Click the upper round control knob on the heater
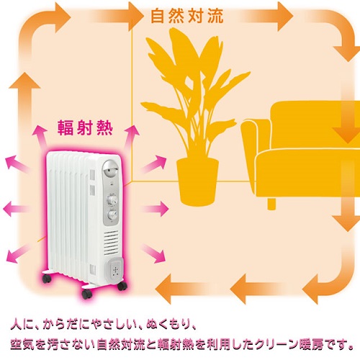point(112,196)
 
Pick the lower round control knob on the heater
point(112,214)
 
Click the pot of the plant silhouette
point(197,180)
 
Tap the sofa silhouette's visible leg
point(272,204)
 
